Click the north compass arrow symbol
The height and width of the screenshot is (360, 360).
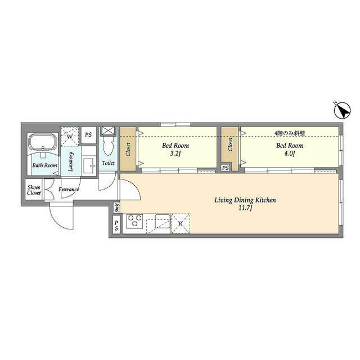tap(342, 110)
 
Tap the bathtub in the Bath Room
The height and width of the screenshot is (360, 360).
tap(43, 143)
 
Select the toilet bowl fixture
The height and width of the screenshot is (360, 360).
tap(107, 146)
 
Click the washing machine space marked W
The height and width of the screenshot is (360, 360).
tap(70, 136)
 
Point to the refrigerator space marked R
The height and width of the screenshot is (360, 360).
tap(181, 223)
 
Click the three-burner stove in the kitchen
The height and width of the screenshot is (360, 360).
tap(134, 221)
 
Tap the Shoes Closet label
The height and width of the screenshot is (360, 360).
tap(34, 190)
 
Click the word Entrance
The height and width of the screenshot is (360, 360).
tap(69, 190)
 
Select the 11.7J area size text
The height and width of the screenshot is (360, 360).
tap(245, 208)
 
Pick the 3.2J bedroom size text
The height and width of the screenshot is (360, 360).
tap(175, 154)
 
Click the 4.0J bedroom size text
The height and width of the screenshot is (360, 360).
tap(290, 154)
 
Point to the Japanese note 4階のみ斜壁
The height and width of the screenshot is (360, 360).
tap(290, 133)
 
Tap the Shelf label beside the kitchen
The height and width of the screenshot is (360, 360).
tap(117, 208)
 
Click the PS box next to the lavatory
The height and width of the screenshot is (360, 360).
tap(88, 135)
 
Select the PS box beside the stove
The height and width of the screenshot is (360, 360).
tap(116, 225)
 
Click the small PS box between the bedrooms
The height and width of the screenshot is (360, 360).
tap(225, 168)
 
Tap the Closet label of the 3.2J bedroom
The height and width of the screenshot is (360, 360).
tap(128, 150)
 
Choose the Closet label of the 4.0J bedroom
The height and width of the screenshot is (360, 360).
tap(230, 145)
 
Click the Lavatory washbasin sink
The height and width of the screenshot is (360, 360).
tap(89, 165)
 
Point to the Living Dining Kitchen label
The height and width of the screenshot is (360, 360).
tap(245, 200)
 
